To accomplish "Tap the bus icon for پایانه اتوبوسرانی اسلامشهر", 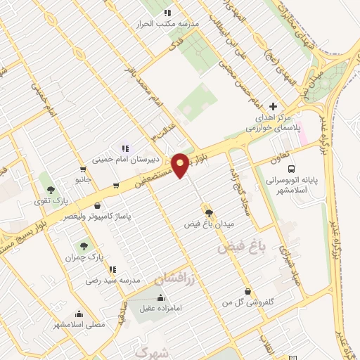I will click(290, 169).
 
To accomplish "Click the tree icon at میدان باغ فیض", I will click(208, 212).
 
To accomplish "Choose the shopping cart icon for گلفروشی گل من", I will click(247, 291).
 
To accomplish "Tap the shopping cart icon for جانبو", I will click(84, 169).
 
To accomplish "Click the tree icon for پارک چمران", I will click(84, 246).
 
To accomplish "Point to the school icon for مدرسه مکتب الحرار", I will click(167, 13).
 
